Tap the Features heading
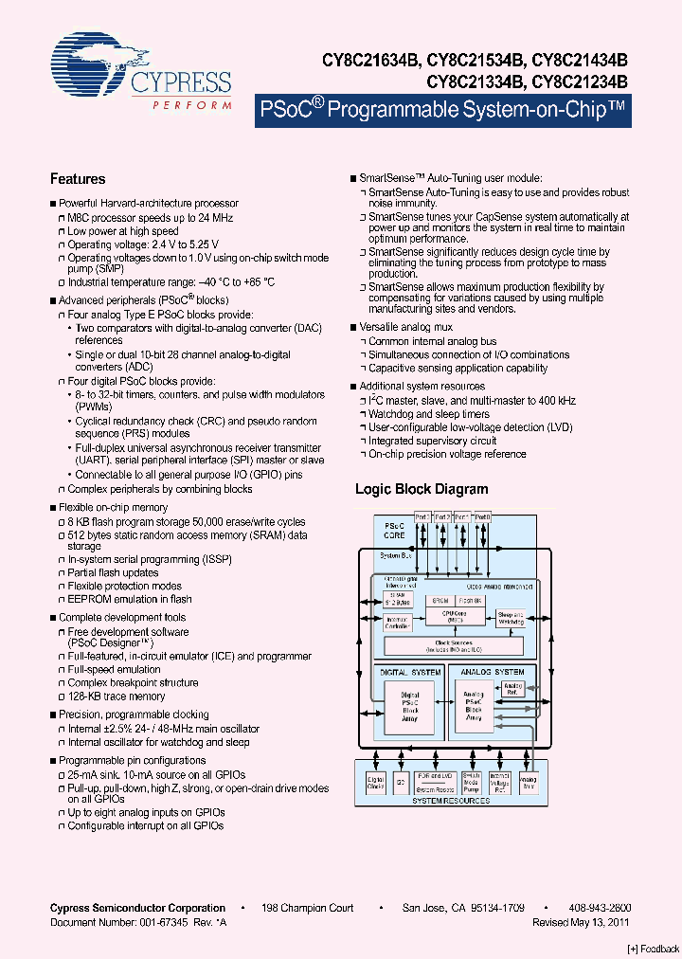77,178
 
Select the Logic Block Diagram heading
422,489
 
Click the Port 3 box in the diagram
422,517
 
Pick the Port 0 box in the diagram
482,517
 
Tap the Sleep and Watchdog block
511,618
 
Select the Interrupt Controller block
397,623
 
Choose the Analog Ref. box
512,688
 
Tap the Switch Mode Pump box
472,783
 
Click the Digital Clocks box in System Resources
376,783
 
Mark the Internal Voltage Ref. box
500,783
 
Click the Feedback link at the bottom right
654,949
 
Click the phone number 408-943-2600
600,908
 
